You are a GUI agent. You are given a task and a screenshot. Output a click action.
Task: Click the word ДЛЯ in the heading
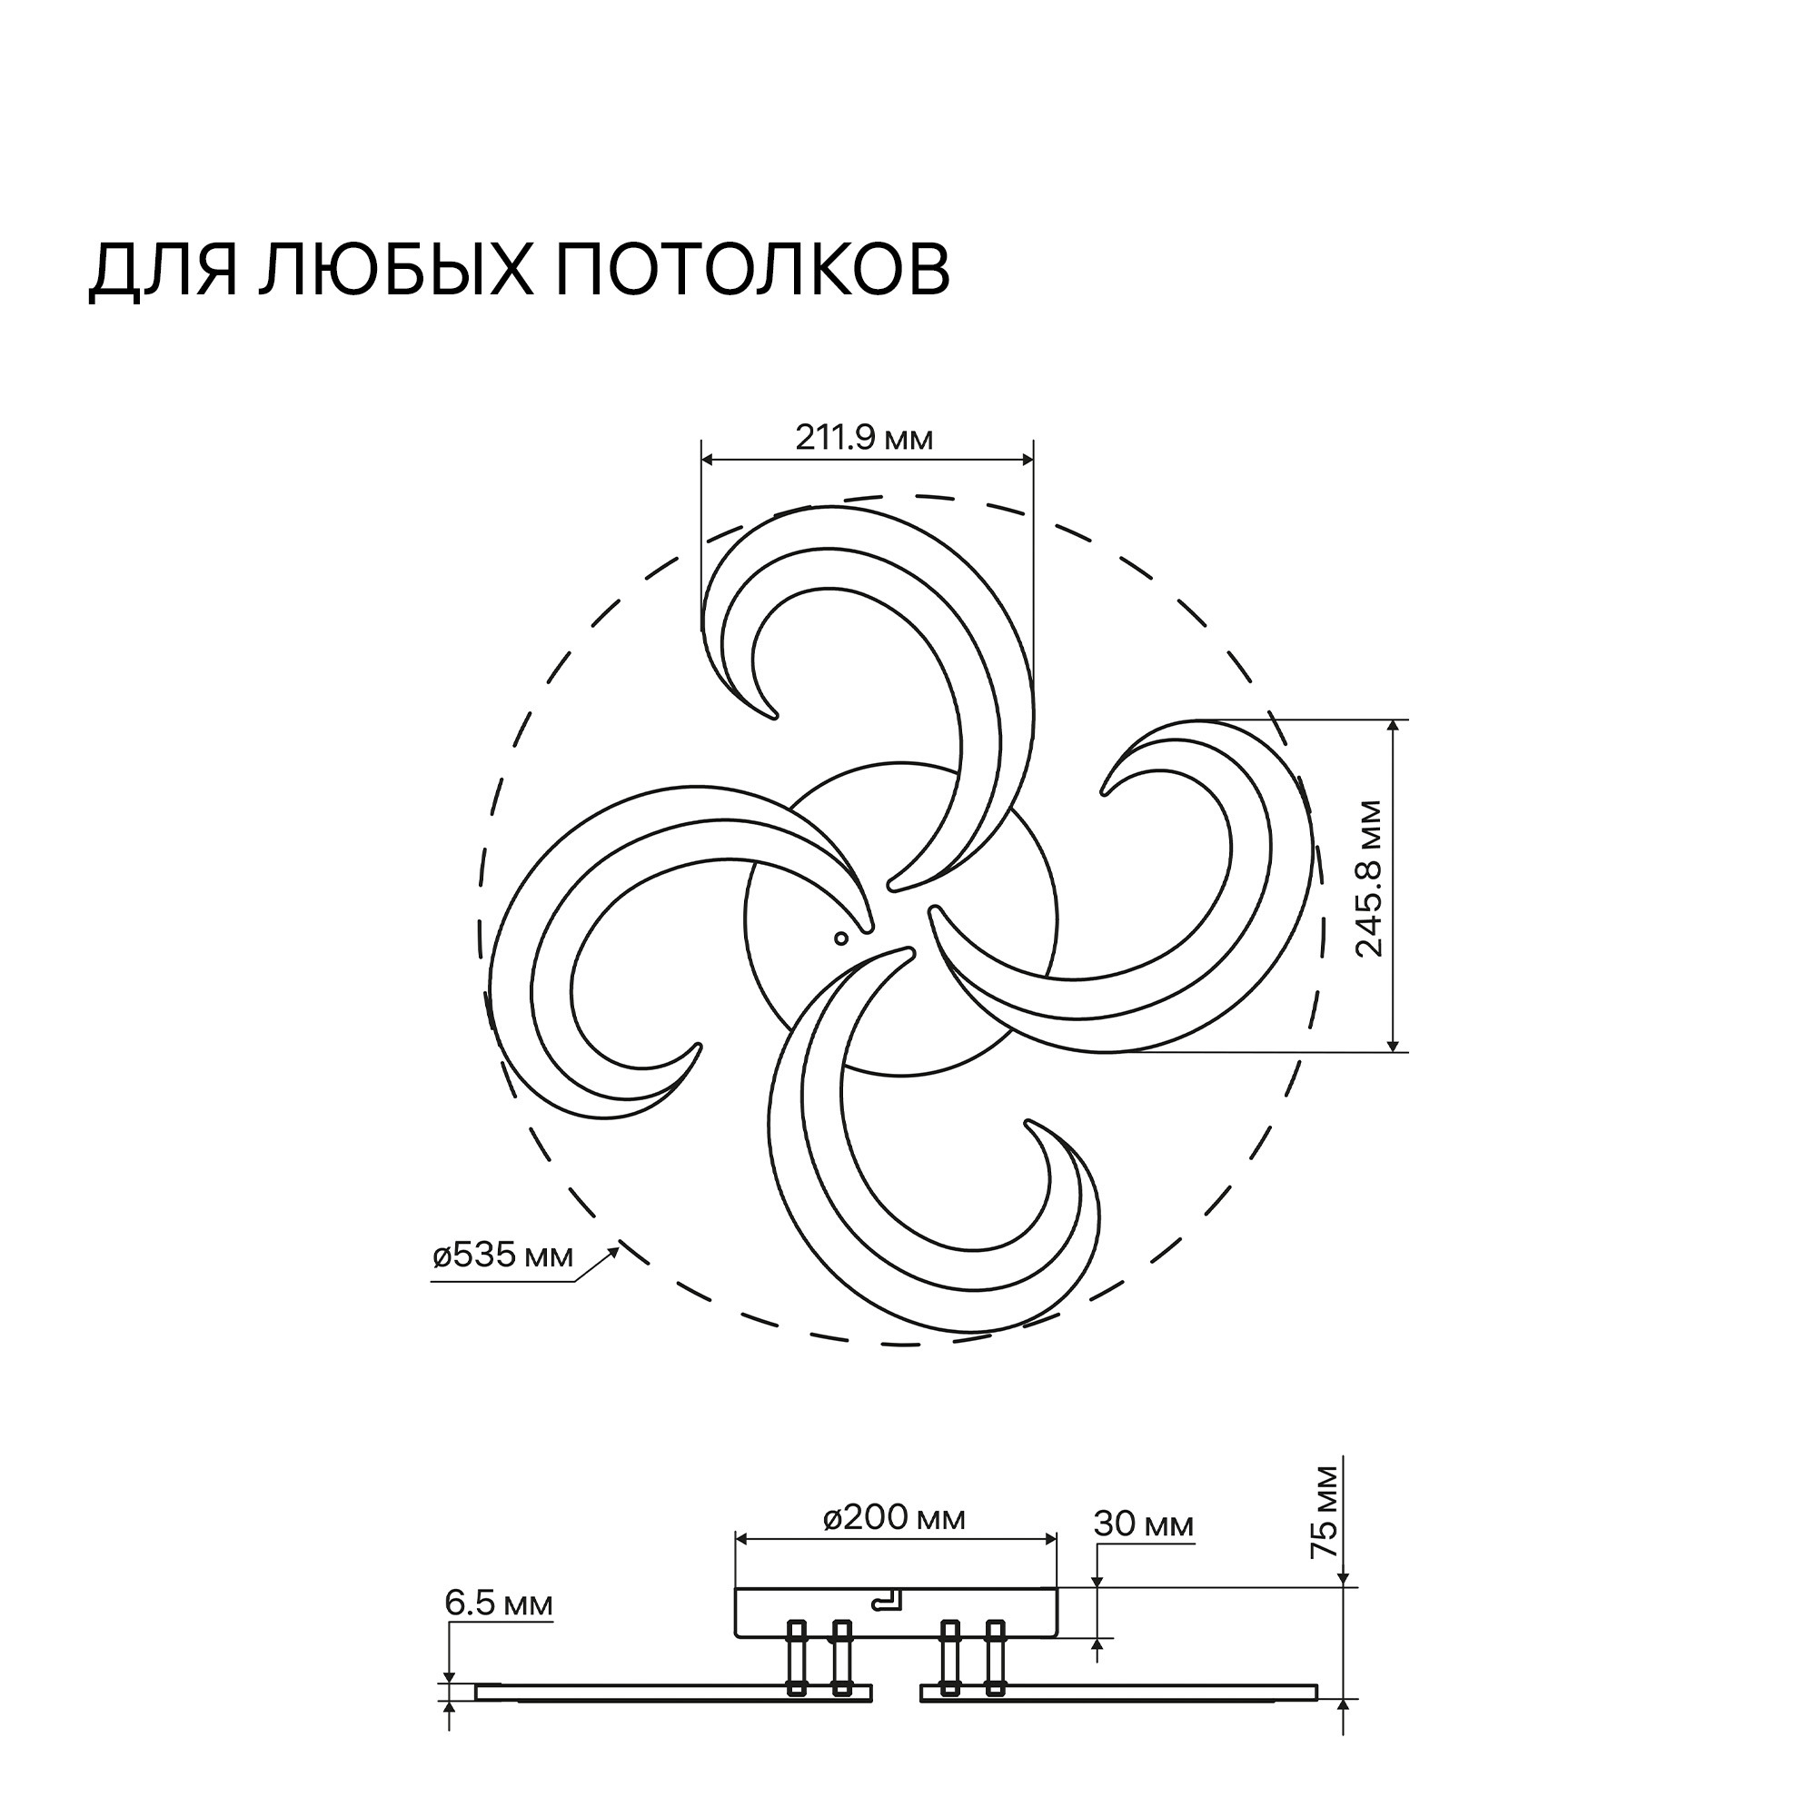162,273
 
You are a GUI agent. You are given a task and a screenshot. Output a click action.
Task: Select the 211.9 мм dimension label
864,438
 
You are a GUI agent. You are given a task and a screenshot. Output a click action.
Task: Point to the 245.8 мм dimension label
1370,879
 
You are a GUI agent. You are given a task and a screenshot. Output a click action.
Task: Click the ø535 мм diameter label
503,1256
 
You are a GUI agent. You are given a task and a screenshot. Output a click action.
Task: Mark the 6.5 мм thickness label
499,1604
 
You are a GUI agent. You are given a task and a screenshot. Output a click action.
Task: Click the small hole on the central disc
840,937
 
